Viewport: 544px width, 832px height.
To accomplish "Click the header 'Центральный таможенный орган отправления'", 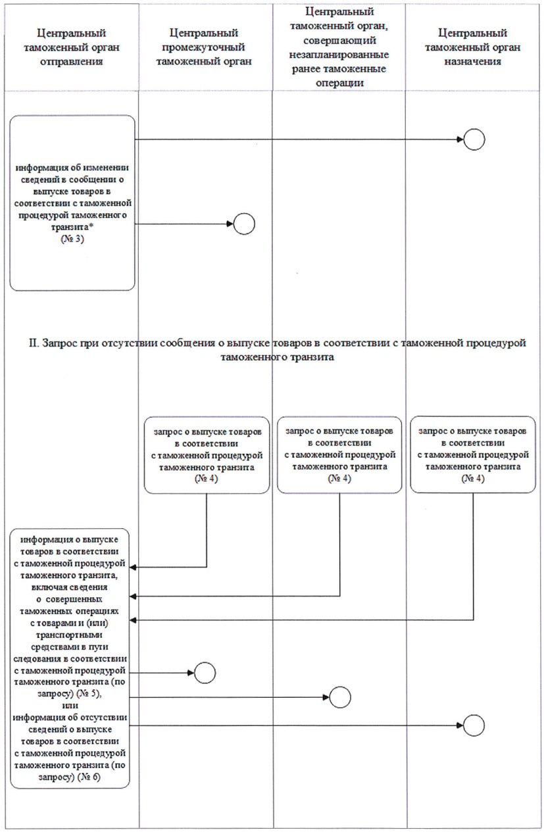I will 72,47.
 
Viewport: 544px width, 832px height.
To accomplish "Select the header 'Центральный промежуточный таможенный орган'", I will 203,47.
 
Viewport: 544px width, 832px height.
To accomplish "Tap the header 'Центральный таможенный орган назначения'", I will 474,47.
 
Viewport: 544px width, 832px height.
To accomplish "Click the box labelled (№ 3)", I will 72,203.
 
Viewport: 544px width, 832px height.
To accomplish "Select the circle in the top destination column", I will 474,139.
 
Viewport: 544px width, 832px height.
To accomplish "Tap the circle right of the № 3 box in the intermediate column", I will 243,224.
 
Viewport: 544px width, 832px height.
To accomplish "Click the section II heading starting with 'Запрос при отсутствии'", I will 272,349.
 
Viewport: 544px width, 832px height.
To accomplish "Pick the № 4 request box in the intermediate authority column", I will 207,454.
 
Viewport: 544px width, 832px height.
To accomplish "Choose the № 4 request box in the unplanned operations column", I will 340,454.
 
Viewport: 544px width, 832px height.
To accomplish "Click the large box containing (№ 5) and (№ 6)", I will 70,658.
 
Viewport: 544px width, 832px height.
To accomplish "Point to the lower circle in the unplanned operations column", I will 340,697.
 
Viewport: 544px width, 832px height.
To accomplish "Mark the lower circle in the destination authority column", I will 474,725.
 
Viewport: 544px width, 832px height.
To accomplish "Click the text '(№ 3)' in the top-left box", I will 72,241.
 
